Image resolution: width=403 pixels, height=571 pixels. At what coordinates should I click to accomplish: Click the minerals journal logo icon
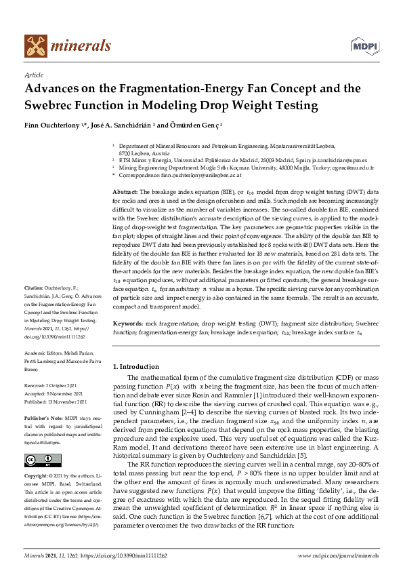(35, 45)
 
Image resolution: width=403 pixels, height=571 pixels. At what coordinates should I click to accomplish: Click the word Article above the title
(33, 75)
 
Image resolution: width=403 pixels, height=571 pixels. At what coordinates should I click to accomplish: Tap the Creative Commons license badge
(38, 460)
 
